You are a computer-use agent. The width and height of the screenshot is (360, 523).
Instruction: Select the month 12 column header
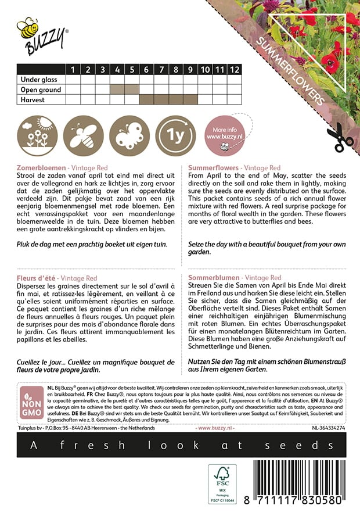tap(233, 69)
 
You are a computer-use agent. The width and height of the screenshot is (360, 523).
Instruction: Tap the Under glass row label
tap(40, 80)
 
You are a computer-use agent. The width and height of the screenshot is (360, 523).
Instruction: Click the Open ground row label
tap(41, 89)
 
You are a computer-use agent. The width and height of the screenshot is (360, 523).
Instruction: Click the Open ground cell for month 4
tap(117, 89)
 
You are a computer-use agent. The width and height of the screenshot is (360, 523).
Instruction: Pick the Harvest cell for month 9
tap(190, 99)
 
